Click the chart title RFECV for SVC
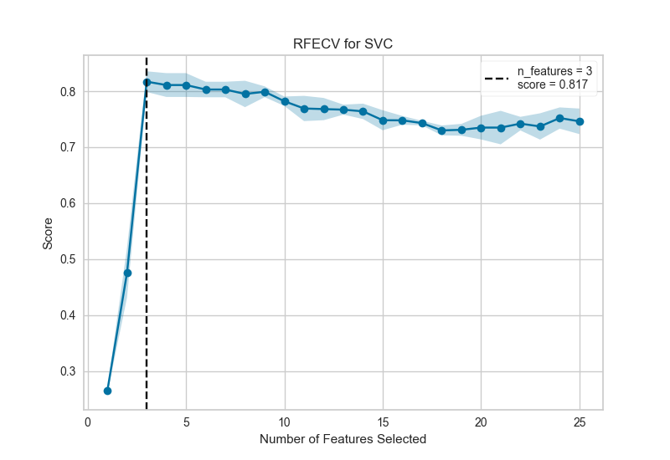[x=344, y=45]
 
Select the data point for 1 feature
[x=107, y=391]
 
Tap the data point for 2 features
[x=127, y=273]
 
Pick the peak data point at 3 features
[x=147, y=82]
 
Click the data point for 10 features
[x=285, y=101]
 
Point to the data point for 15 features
[x=383, y=120]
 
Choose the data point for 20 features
[x=481, y=128]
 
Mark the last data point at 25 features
[x=580, y=121]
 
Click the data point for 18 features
[x=441, y=130]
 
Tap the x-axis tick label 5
[x=186, y=422]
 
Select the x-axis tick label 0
[x=88, y=422]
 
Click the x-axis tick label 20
[x=481, y=422]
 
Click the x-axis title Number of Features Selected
[x=343, y=439]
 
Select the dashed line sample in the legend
[x=497, y=79]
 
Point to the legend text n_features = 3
[x=556, y=74]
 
